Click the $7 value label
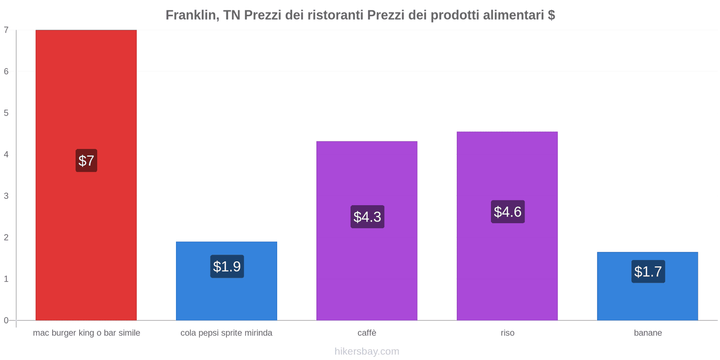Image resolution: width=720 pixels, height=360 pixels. (86, 161)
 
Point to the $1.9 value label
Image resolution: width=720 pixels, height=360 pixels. (227, 266)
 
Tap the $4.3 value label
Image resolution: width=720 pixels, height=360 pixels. (367, 217)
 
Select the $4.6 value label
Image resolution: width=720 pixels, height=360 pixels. (508, 211)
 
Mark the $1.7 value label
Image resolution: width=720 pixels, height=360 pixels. (648, 271)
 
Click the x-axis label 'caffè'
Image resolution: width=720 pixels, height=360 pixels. (367, 333)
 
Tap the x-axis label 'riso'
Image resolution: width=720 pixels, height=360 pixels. (507, 333)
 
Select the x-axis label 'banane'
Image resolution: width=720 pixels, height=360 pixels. (648, 333)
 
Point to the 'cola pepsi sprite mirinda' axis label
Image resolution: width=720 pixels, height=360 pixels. (226, 333)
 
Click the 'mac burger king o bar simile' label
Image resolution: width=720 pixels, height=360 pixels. (86, 333)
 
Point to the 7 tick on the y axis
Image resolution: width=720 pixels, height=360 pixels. (6, 30)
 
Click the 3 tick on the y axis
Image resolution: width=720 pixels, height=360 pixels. (6, 196)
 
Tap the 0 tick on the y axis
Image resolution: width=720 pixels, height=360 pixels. (6, 320)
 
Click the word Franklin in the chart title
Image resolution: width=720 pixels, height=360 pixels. (191, 15)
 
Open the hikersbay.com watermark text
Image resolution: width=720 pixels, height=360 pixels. (367, 351)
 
